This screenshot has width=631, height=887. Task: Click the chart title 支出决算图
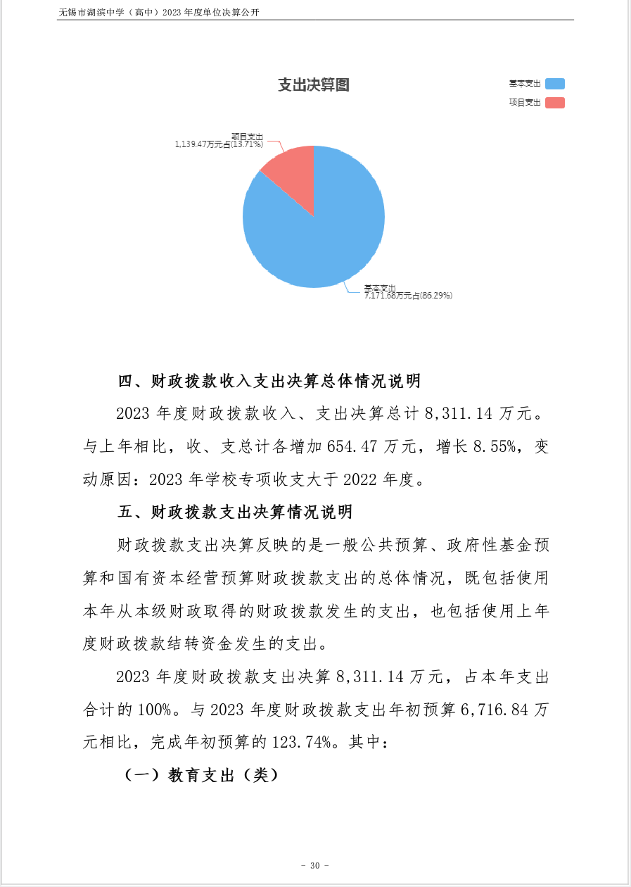(x=314, y=85)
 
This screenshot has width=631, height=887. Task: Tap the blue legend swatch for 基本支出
(x=554, y=84)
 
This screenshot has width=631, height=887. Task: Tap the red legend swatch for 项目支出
(x=554, y=103)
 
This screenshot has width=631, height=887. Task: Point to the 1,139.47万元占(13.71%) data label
(x=219, y=144)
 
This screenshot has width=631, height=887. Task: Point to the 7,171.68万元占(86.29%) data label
(x=408, y=296)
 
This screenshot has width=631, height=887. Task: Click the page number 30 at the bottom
(x=314, y=865)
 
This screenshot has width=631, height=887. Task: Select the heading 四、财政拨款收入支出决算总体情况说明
(x=269, y=382)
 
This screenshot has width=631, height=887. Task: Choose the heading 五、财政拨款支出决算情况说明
(x=235, y=512)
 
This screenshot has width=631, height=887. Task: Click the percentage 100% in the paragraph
(x=153, y=710)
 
